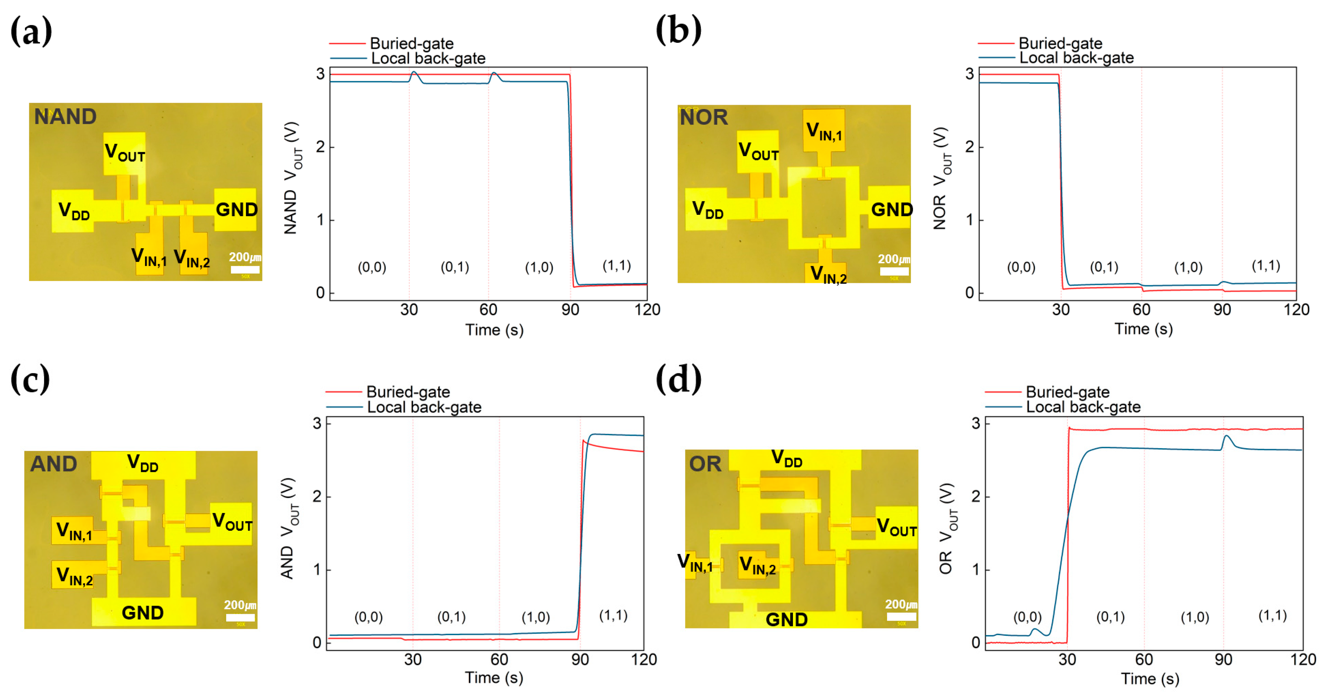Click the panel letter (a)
tap(31, 31)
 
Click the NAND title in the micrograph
tap(65, 116)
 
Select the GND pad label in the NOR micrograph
tap(891, 209)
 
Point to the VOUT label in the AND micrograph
tap(232, 522)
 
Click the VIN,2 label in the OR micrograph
tap(757, 566)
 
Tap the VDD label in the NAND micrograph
tap(74, 211)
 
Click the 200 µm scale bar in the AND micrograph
tap(240, 617)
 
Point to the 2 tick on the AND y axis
tap(317, 497)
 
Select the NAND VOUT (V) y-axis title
tap(292, 178)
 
